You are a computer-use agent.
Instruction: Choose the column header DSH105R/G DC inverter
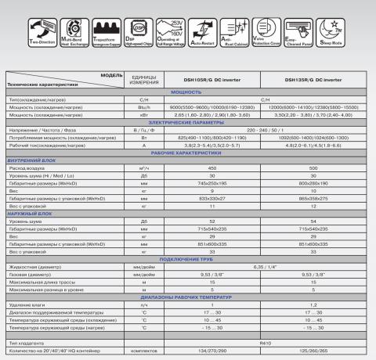tap(189, 79)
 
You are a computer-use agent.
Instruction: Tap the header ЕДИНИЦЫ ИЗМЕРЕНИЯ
tap(142, 79)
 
